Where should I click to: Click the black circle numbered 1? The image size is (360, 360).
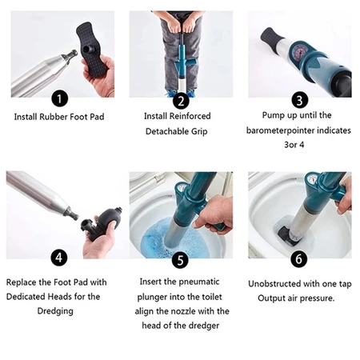59,98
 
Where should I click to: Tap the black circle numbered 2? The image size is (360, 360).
181,101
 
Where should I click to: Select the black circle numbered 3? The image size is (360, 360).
300,100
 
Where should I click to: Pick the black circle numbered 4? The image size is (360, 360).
59,258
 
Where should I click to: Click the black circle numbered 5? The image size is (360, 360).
181,260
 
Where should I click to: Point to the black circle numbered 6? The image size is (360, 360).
299,259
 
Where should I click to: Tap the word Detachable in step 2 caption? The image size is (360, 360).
167,131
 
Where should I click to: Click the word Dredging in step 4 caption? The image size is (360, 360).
55,311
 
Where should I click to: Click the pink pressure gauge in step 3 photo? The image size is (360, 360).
299,51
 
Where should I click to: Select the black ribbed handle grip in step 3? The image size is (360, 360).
271,37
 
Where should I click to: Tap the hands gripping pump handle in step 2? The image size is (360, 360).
182,26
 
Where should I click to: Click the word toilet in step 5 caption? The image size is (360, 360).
211,297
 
